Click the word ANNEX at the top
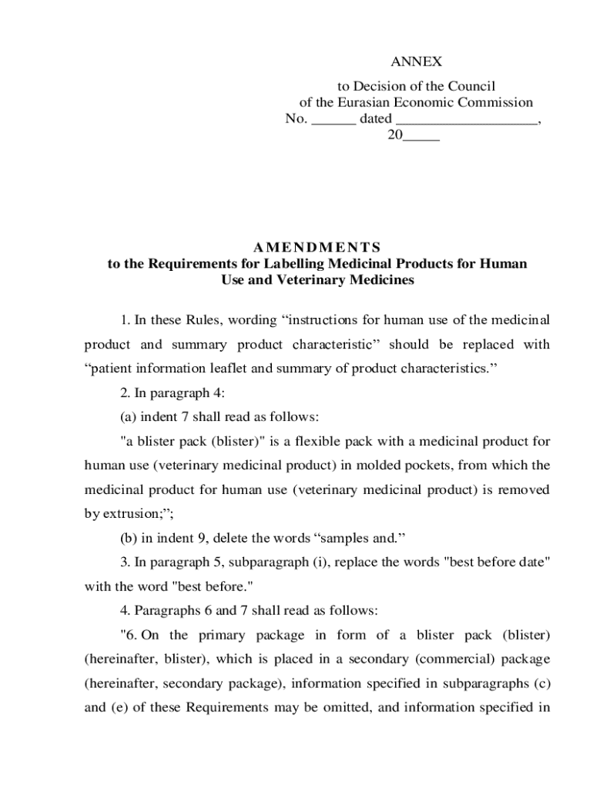416,62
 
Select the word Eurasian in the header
364,102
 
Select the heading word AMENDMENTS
317,247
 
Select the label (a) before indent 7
129,417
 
